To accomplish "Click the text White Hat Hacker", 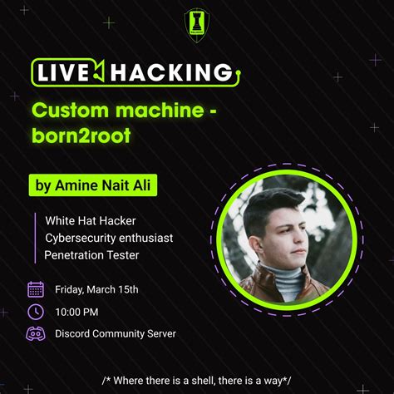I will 90,220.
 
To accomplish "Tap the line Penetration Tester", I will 91,255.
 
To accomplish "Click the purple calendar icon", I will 36,289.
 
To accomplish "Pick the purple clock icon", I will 36,312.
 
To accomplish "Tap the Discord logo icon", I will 36,334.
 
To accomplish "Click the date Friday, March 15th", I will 96,289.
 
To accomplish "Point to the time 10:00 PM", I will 76,312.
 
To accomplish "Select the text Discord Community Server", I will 116,334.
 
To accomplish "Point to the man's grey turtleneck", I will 287,283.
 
